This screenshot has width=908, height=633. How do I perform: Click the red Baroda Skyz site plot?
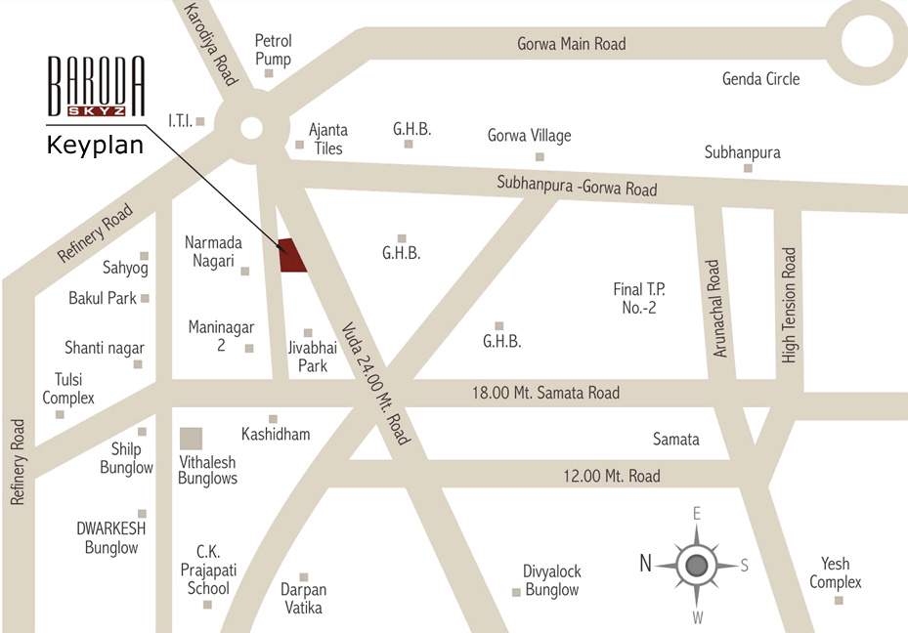click(x=292, y=255)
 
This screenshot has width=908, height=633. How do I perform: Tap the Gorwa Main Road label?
click(x=571, y=44)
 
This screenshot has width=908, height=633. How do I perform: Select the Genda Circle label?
click(x=760, y=79)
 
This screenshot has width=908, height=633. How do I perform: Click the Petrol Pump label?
click(x=273, y=50)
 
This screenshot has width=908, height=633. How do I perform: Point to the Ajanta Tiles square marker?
click(x=299, y=145)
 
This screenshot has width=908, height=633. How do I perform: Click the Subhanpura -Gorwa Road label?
click(x=577, y=186)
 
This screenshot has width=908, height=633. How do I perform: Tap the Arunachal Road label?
click(x=720, y=309)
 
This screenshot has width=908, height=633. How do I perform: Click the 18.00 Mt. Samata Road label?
click(x=545, y=393)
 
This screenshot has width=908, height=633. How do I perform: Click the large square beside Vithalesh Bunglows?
click(x=192, y=440)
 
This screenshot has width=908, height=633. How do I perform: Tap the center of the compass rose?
click(x=696, y=565)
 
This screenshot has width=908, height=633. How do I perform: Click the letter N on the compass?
click(x=645, y=563)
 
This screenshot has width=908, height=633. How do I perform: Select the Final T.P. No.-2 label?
click(x=640, y=298)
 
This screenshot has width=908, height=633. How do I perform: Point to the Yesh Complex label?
click(x=835, y=572)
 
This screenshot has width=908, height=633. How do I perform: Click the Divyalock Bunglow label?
click(x=552, y=580)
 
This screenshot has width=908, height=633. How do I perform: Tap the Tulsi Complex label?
click(x=68, y=389)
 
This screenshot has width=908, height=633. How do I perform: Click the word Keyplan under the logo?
click(x=96, y=147)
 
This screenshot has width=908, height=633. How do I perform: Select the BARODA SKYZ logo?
click(x=97, y=89)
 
